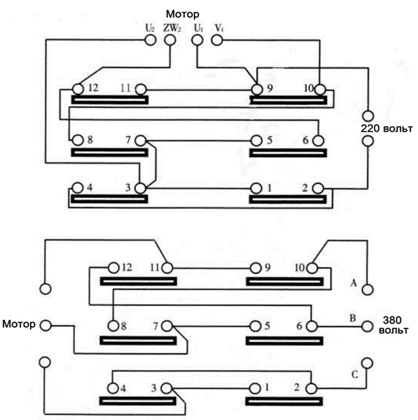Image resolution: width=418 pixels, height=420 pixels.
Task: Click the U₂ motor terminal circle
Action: click(x=150, y=40)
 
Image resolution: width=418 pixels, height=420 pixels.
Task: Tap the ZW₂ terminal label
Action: click(x=172, y=28)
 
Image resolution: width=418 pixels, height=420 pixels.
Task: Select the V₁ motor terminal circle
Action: click(x=217, y=40)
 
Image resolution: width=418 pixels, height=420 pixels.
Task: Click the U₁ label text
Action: click(x=198, y=28)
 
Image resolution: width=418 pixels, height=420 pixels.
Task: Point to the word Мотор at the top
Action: click(x=182, y=14)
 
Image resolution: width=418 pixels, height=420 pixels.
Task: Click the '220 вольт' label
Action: click(x=387, y=128)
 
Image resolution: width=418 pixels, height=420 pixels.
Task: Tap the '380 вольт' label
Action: click(x=394, y=325)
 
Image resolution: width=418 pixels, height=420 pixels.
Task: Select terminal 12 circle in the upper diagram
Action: click(x=78, y=89)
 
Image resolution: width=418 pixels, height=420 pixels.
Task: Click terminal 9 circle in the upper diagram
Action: click(x=257, y=89)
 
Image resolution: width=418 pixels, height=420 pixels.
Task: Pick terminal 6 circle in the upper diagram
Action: click(x=318, y=140)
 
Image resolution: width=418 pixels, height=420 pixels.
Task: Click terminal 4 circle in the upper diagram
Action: click(x=77, y=188)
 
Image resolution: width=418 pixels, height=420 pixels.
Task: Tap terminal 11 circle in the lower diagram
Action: click(x=167, y=268)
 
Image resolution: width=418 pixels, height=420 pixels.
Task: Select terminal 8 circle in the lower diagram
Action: click(x=114, y=326)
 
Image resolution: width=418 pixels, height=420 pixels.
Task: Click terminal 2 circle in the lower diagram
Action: click(x=311, y=388)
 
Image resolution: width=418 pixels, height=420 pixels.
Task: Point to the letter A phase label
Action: click(x=353, y=282)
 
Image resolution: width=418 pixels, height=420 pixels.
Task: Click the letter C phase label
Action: click(x=355, y=374)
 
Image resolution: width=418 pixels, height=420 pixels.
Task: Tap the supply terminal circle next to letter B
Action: click(x=367, y=326)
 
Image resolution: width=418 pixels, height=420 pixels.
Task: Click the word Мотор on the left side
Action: click(x=19, y=324)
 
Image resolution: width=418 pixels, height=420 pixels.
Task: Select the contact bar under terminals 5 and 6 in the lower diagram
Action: click(x=284, y=341)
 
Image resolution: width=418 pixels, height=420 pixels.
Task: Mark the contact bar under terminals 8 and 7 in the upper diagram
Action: click(x=109, y=153)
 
